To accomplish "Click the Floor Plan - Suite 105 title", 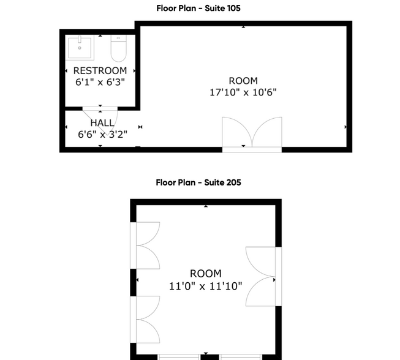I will pos(198,8).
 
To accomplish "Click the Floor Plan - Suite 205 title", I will pos(198,182).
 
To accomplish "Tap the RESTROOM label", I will pos(100,71).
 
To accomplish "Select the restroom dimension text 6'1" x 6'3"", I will pos(100,81).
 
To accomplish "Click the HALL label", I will pos(102,123).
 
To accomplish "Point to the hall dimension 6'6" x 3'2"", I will pos(102,134).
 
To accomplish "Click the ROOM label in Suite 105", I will pos(243,81).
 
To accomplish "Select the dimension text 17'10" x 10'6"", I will pos(243,92).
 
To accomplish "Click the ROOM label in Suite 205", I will pos(206,274).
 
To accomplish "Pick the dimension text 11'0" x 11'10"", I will pos(206,285).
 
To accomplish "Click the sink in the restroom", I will pos(80,46).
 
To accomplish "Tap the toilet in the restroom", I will pos(118,47).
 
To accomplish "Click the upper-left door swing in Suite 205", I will pos(147,246).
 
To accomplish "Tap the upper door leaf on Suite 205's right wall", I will pos(260,260).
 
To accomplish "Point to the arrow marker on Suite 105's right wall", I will pos(346,127).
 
